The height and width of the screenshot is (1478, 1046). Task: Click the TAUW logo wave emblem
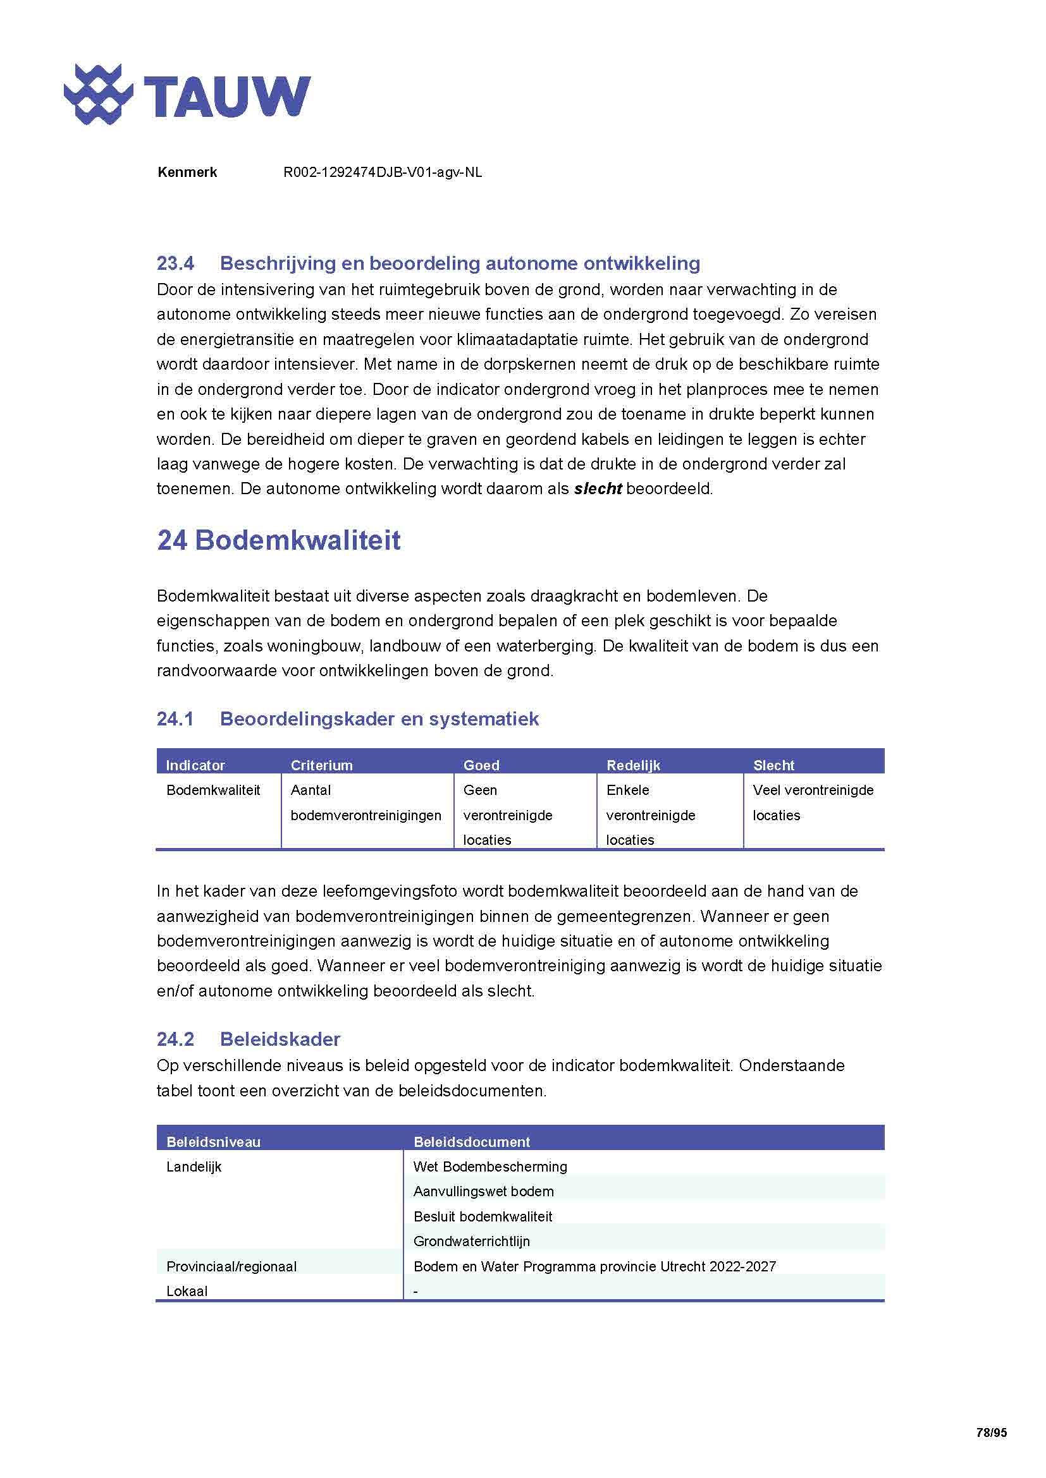[x=98, y=94]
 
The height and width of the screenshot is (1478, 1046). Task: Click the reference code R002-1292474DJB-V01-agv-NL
[x=382, y=173]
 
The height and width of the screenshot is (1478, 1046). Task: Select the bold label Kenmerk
[x=187, y=173]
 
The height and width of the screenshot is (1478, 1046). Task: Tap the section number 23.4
[x=175, y=263]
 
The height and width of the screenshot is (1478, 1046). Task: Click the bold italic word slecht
[x=597, y=488]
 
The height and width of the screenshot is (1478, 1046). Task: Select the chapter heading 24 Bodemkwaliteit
[x=278, y=540]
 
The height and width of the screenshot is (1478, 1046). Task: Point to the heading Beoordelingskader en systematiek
[x=379, y=718]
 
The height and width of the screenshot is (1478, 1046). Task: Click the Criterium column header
[x=321, y=765]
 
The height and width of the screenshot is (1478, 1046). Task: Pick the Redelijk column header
[x=633, y=765]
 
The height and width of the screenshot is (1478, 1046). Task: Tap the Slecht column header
[x=773, y=765]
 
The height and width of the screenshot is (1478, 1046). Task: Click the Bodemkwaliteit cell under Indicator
[x=213, y=790]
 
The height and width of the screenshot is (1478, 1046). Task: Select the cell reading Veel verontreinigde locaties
[x=812, y=802]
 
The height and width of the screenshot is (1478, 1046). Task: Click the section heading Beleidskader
[x=280, y=1039]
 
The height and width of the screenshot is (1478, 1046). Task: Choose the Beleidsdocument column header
[x=472, y=1142]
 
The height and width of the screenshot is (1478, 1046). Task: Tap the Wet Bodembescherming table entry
[x=489, y=1166]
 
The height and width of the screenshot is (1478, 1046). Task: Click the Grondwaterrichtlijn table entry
[x=472, y=1241]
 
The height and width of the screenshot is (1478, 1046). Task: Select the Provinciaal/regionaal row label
[x=231, y=1266]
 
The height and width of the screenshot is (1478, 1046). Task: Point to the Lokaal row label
[x=187, y=1291]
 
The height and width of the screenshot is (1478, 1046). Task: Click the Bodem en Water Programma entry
[x=594, y=1266]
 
